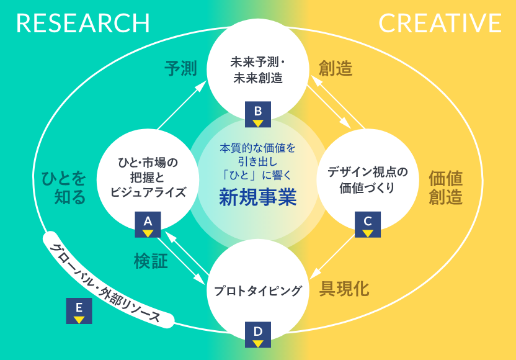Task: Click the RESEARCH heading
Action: pos(83,24)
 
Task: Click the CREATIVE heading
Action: pos(440,24)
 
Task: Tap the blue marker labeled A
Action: pos(148,224)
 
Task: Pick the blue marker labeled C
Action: pos(367,224)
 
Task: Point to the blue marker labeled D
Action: pos(258,335)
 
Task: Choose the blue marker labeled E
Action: pos(79,311)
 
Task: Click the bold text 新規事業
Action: pos(257,197)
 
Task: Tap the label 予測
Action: pos(180,68)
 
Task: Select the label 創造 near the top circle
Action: pos(336,68)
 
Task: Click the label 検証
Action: pos(151,261)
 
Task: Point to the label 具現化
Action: pos(344,289)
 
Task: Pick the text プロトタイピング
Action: pos(257,290)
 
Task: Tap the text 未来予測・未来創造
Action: pos(257,70)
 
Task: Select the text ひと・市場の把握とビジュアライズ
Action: pos(148,177)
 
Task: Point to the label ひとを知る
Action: pos(60,187)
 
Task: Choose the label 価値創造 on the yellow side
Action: pos(446,187)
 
